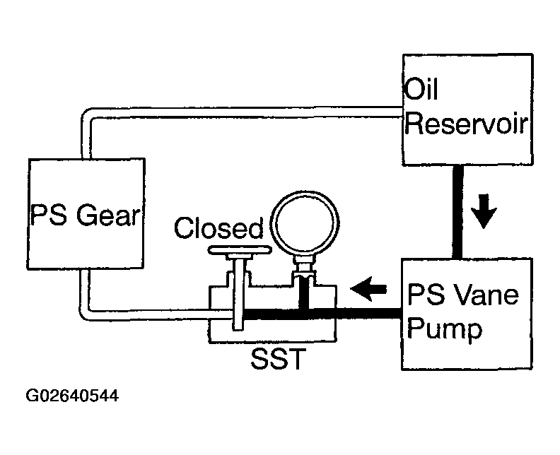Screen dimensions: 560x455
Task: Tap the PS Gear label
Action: click(85, 215)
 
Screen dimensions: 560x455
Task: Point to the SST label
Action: click(278, 358)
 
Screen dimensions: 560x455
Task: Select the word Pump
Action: click(445, 329)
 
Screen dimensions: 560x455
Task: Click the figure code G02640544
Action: click(72, 396)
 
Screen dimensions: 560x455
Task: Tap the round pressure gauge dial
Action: click(305, 223)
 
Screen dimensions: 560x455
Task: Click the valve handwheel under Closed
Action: click(240, 250)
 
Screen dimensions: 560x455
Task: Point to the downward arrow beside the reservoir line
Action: click(484, 211)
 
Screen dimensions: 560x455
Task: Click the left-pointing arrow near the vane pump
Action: click(368, 288)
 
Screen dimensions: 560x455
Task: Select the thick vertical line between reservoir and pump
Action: click(458, 212)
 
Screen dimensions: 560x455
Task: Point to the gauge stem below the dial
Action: click(304, 266)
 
